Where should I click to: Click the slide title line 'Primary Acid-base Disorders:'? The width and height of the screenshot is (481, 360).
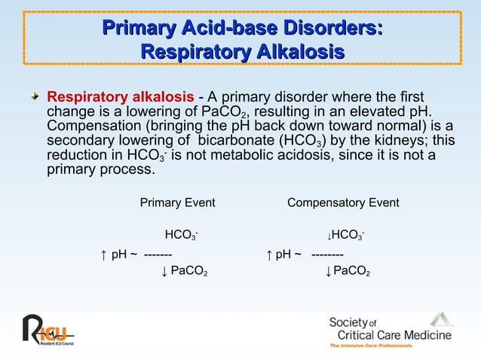[x=242, y=29]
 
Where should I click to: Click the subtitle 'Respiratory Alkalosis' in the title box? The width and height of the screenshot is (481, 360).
[x=242, y=53]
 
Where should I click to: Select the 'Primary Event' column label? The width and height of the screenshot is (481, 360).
[x=177, y=203]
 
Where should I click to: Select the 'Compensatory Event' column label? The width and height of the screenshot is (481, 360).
[x=343, y=203]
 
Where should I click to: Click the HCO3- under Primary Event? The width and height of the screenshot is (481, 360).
[x=181, y=236]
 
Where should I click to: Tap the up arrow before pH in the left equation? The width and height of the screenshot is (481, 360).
[x=103, y=254]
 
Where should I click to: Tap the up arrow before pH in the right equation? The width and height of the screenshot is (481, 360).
[x=268, y=254]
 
